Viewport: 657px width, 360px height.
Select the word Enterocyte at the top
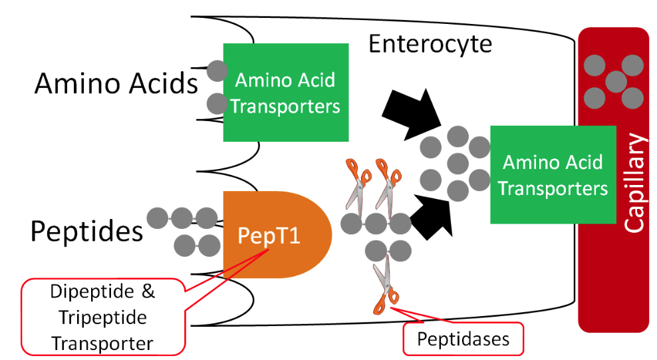[x=430, y=45]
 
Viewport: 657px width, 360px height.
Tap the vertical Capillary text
[x=636, y=183]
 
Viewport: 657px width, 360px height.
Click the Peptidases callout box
[x=463, y=339]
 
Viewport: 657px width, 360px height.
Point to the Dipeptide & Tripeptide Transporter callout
[x=102, y=317]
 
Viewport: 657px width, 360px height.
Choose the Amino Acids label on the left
[x=116, y=85]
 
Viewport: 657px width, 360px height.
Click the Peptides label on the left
[x=86, y=231]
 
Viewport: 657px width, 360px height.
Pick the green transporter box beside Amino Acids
[x=286, y=92]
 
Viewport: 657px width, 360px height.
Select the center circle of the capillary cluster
[x=616, y=82]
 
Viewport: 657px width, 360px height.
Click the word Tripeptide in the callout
[x=102, y=317]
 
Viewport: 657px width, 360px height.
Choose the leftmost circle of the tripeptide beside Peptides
[x=157, y=217]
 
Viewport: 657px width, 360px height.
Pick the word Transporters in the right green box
[x=553, y=188]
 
